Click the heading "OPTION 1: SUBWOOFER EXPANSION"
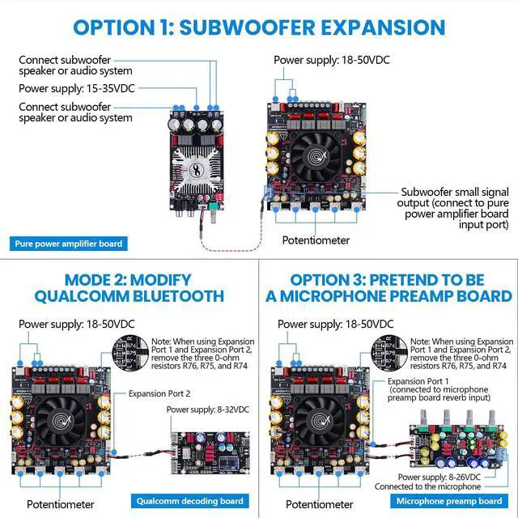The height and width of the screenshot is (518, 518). click(x=258, y=27)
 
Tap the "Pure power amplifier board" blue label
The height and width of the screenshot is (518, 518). click(x=70, y=244)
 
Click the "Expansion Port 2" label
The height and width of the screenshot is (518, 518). click(x=159, y=393)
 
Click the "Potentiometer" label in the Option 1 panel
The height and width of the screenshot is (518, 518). click(x=316, y=240)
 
